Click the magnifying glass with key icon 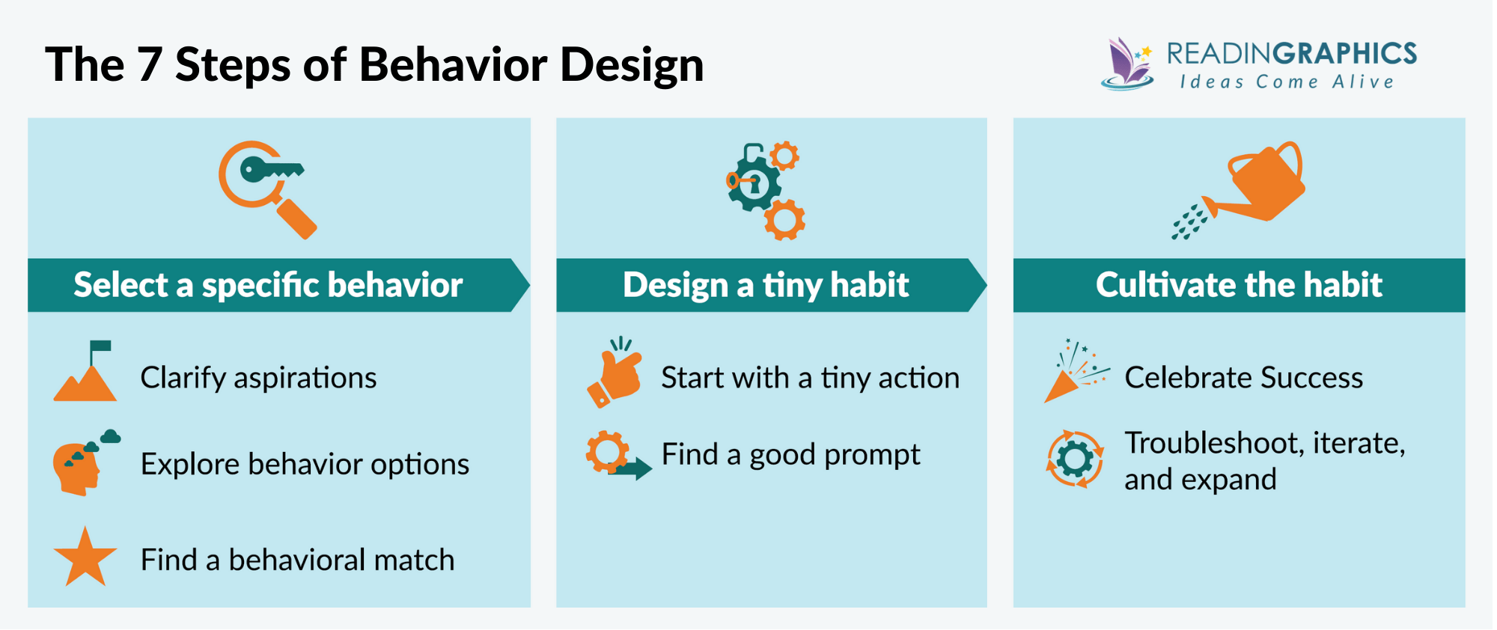coord(266,189)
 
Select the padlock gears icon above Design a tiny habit coord(765,190)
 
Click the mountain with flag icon coord(85,373)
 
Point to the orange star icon coord(85,558)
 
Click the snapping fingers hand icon coord(615,374)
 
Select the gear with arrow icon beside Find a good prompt coord(616,455)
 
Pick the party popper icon coord(1074,372)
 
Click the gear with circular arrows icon coord(1074,459)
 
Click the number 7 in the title coord(149,64)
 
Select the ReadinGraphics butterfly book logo coord(1127,64)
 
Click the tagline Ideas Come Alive coord(1287,82)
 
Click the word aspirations coord(305,378)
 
